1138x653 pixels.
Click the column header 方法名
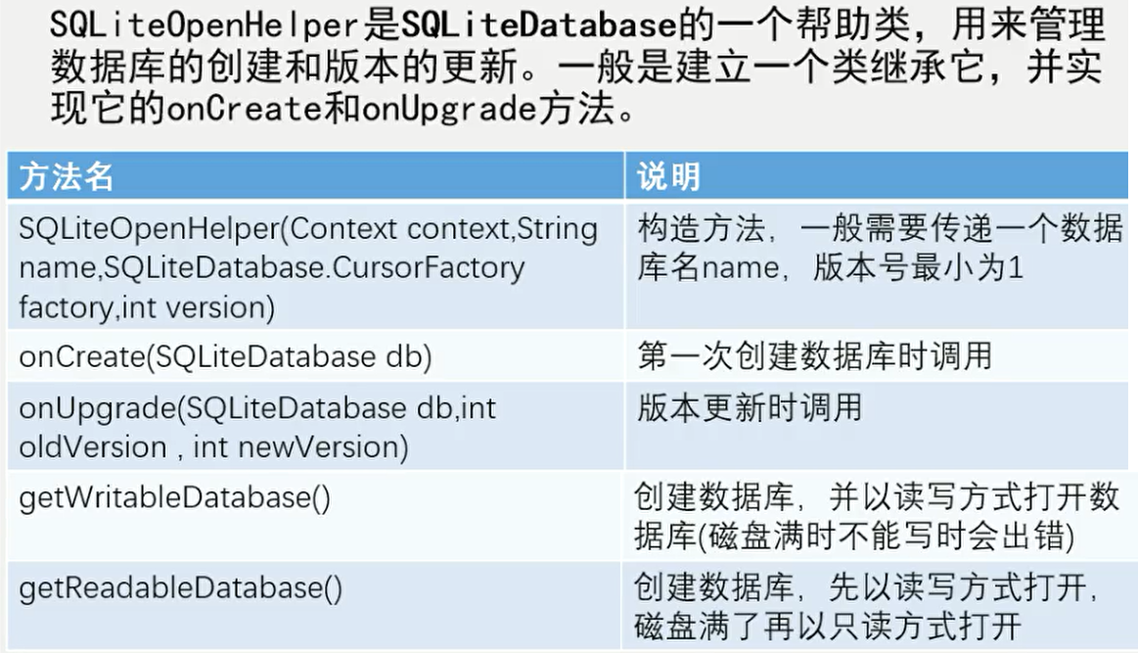pyautogui.click(x=67, y=176)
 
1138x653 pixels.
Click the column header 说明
pyautogui.click(x=668, y=176)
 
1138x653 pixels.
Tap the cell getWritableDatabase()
pyautogui.click(x=175, y=497)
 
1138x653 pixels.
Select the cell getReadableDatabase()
pyautogui.click(x=181, y=587)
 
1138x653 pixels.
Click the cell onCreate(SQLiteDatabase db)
pyautogui.click(x=226, y=356)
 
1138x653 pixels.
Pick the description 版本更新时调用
pyautogui.click(x=750, y=406)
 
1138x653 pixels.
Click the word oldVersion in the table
pyautogui.click(x=93, y=446)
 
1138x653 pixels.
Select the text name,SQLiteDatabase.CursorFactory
pyautogui.click(x=272, y=267)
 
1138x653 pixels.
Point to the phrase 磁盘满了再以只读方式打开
pyautogui.click(x=828, y=624)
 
